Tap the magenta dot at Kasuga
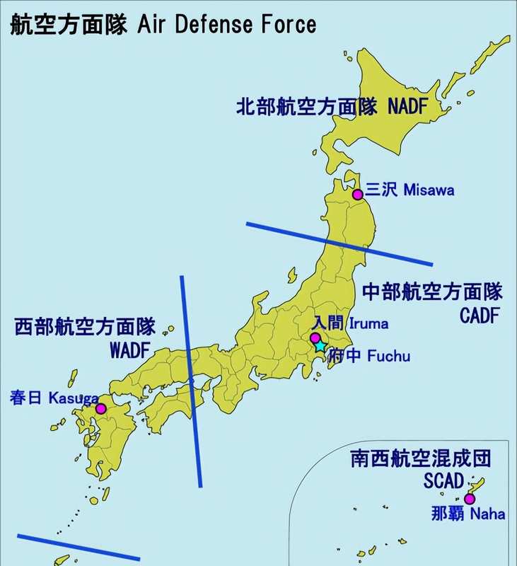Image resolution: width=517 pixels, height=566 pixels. [x=100, y=408]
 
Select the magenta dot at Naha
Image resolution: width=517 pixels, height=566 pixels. [x=469, y=499]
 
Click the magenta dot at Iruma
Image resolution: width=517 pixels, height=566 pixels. [x=315, y=338]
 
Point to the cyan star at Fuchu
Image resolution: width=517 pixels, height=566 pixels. [x=320, y=346]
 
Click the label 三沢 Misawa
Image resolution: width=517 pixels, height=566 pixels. [x=409, y=190]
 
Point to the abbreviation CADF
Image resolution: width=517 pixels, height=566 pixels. [x=481, y=316]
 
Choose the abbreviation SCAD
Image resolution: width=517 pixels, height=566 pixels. [x=444, y=481]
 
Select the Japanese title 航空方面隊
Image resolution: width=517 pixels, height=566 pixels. [x=68, y=25]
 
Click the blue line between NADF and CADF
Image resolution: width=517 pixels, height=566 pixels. [x=339, y=244]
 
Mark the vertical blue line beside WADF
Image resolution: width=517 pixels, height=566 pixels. [x=191, y=382]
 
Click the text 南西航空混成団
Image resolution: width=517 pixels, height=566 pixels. [x=420, y=458]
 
